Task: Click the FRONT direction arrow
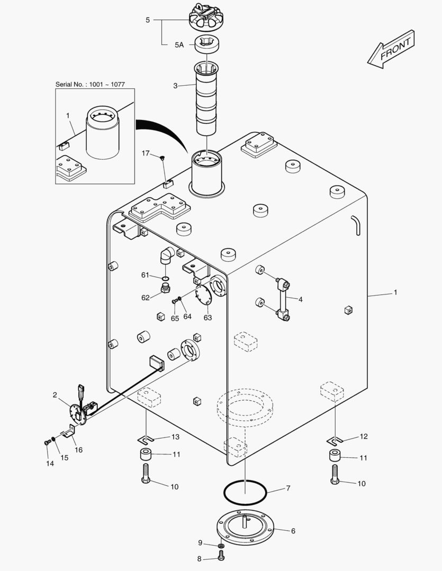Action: pyautogui.click(x=391, y=49)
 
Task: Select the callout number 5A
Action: pyautogui.click(x=179, y=45)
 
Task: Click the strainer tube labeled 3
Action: pyautogui.click(x=206, y=99)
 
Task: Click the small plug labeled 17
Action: pyautogui.click(x=164, y=157)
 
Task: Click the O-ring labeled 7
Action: pyautogui.click(x=245, y=493)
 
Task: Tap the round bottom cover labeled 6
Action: pyautogui.click(x=246, y=529)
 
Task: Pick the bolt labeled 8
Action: pyautogui.click(x=221, y=556)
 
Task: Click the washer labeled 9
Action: pyautogui.click(x=221, y=545)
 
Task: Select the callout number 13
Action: pyautogui.click(x=175, y=437)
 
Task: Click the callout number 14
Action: pyautogui.click(x=50, y=464)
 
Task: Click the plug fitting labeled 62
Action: pyautogui.click(x=165, y=288)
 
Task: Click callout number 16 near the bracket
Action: pyautogui.click(x=78, y=450)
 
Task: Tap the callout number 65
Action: pyautogui.click(x=175, y=318)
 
